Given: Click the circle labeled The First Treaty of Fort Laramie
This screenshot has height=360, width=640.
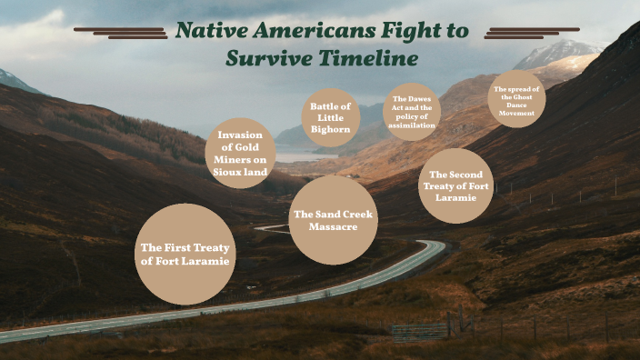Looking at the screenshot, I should pos(185,254).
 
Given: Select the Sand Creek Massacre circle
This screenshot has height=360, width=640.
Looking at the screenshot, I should pos(333,220).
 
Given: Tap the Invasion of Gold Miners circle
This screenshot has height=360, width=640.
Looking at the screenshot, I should pos(240,153).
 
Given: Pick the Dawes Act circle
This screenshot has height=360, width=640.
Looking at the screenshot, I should pos(411,111).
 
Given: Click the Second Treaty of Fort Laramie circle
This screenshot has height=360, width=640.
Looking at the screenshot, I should pos(455,185).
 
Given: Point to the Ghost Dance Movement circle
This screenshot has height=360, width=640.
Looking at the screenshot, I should pos(516,100).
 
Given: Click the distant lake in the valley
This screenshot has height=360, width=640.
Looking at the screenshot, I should pos(293,155).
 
